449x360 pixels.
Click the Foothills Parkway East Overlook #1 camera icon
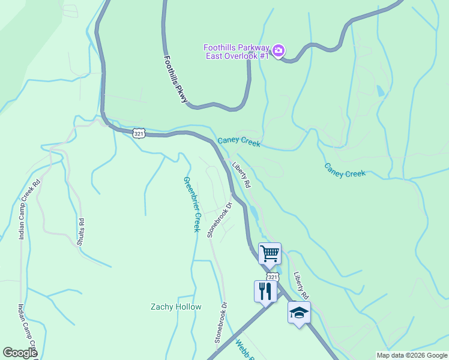(278, 51)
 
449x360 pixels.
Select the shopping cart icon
(270, 253)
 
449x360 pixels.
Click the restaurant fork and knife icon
(265, 292)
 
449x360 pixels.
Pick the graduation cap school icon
(299, 313)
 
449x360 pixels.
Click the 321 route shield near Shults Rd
(139, 133)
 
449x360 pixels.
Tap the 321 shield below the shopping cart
(273, 277)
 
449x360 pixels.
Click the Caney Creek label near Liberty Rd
(239, 142)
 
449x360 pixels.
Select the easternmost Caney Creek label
(345, 170)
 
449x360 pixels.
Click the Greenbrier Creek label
(191, 204)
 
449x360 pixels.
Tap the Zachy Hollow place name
(175, 307)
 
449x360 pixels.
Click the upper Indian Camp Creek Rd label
(29, 209)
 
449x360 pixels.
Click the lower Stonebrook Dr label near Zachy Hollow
(221, 322)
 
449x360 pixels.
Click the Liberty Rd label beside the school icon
(301, 286)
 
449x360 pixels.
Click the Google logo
(20, 353)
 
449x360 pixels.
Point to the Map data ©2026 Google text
(412, 355)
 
